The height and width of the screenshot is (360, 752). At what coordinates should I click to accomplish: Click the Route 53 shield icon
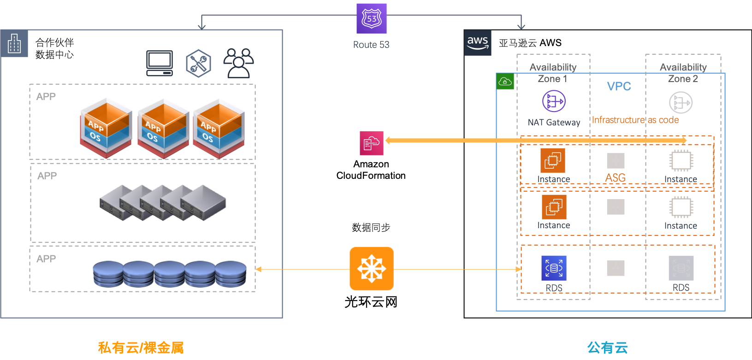pos(372,18)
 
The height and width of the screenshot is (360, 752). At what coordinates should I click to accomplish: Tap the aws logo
pos(478,43)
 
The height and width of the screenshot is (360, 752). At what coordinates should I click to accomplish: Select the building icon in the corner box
pos(14,44)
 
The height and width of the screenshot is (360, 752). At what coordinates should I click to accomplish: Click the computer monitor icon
pos(160,63)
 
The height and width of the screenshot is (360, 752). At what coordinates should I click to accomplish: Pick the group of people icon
pos(238,63)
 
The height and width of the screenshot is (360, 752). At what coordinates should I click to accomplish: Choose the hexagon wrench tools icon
pos(198,63)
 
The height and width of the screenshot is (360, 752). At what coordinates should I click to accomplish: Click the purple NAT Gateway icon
pos(554,101)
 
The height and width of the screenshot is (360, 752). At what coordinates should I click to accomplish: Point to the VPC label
pos(619,86)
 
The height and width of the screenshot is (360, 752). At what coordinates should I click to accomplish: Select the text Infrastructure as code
pos(635,120)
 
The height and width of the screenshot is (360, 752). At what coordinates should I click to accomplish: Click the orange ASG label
pos(615,177)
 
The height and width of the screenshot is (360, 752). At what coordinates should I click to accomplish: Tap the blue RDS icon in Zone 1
pos(554,268)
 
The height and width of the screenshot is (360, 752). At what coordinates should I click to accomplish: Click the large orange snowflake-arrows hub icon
pos(372,269)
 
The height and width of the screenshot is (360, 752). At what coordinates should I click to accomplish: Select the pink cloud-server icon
pos(372,143)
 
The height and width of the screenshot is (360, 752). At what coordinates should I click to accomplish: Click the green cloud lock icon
pos(505,82)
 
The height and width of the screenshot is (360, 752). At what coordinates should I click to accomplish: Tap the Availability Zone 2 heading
pos(683,73)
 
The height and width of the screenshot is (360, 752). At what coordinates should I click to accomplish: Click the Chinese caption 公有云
pos(607,348)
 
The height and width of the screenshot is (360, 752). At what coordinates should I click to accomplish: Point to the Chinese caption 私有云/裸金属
pos(141,348)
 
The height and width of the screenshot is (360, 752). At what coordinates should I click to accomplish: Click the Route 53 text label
pos(371,45)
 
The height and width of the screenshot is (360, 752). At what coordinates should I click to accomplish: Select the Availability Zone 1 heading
pos(553,73)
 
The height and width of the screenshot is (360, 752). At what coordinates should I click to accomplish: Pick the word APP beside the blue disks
pos(46,259)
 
